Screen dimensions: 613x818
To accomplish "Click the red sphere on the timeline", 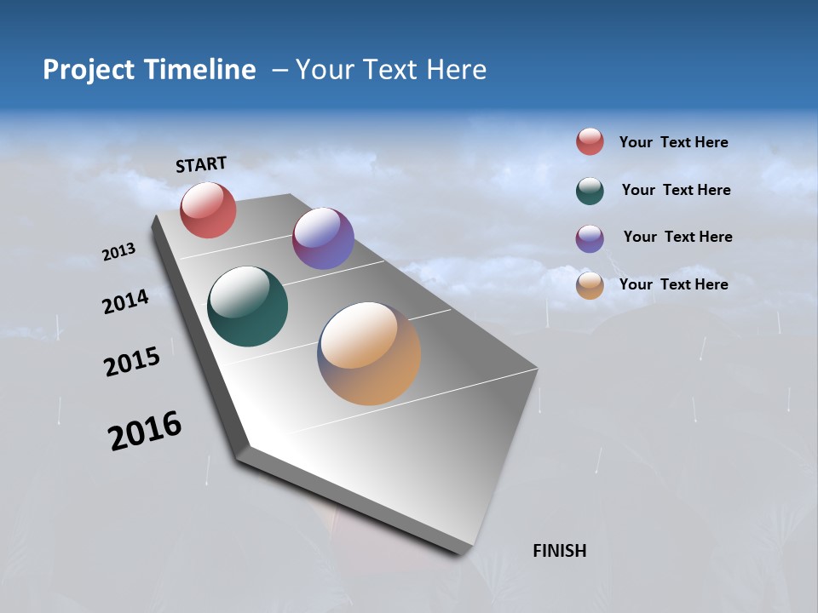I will pos(208,209).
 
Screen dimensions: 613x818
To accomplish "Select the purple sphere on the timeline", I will pos(323,238).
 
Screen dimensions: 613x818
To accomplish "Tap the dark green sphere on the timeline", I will pos(248,306).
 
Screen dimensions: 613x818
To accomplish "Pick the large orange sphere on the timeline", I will pos(369,353).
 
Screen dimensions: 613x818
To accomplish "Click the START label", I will pos(201,164).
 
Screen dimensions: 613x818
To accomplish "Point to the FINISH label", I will pos(559,551).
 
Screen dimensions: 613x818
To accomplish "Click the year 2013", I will pos(118,252).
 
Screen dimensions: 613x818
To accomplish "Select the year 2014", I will pos(125,301).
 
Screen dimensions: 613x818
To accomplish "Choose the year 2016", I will pos(145,431).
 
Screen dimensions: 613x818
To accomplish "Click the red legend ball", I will pos(590,141).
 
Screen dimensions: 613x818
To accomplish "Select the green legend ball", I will pos(590,191).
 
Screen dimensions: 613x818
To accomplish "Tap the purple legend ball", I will pos(590,238).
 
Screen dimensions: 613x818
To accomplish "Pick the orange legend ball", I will pos(590,285).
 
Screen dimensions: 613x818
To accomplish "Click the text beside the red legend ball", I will pos(673,142).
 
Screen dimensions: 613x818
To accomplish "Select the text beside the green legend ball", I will pos(676,190).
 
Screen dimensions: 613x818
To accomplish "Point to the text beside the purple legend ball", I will pos(677,237).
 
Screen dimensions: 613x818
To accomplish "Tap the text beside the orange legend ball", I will pos(673,284).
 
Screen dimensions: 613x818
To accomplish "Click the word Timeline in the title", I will pos(200,70).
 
